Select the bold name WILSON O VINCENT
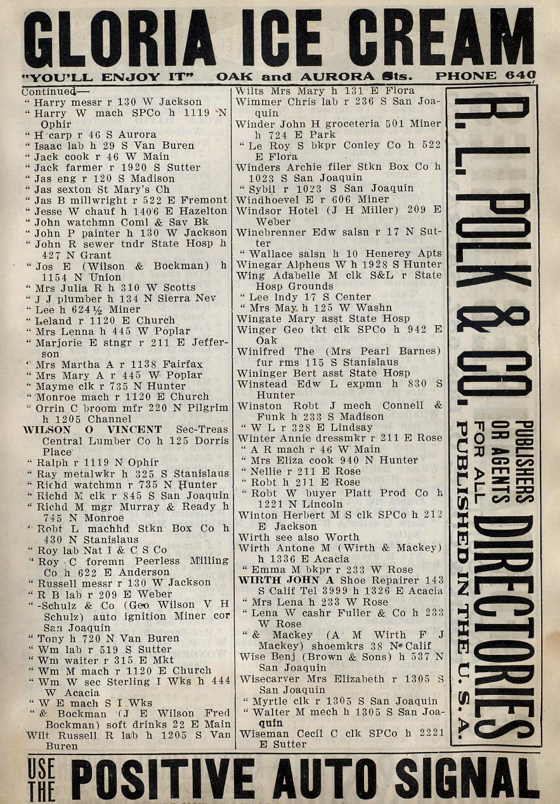93,429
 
